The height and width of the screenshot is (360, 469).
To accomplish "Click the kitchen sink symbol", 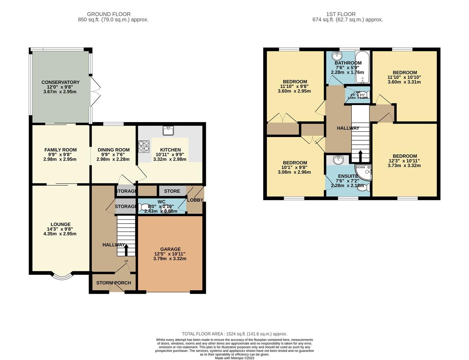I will point(168,131).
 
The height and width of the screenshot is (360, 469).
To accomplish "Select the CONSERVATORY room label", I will point(60,82).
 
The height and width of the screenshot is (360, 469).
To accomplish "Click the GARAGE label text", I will point(170,249).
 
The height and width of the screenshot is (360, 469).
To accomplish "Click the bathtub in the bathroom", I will point(362,67).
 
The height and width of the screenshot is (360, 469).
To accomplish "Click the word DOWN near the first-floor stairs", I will point(360,167).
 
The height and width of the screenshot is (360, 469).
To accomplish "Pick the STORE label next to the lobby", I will point(172,191).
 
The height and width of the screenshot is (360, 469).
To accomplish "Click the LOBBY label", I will point(195,200).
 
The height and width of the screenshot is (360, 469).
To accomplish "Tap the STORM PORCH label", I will point(114,283).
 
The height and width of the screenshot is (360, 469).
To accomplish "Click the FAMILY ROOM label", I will point(60,150).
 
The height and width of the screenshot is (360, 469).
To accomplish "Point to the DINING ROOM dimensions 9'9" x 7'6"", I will point(113,155).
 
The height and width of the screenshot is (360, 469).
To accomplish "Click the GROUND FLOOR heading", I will point(109,14).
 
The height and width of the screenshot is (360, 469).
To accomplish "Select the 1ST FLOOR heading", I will point(341,14).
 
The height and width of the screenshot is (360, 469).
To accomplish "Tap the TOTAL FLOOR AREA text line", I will point(234,334).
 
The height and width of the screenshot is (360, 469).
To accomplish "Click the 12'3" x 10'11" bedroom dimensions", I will point(404,161).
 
